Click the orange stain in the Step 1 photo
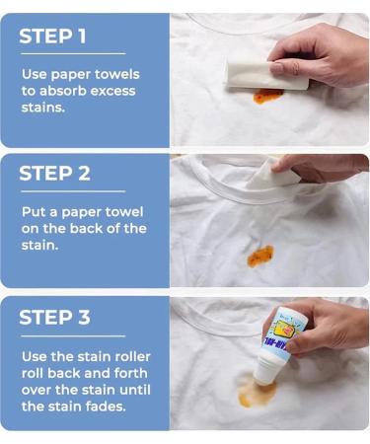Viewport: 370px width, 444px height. (x=266, y=96)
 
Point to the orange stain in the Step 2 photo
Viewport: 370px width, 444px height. (x=260, y=255)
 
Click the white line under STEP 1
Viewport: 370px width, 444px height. (x=73, y=54)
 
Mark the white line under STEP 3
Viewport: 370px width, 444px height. (x=73, y=334)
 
